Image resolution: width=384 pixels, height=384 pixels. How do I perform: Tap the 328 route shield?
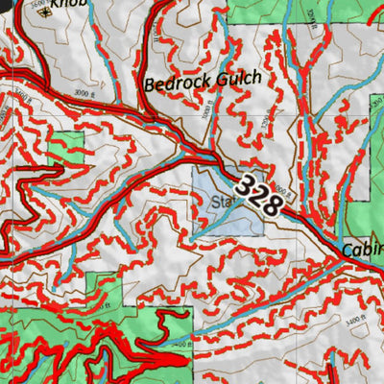tap(257, 195)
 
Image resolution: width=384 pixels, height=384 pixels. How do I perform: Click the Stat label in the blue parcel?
tap(223, 203)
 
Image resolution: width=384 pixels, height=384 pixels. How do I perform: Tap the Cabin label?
tap(362, 251)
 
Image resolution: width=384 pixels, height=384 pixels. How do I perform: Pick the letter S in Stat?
tap(215, 203)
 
